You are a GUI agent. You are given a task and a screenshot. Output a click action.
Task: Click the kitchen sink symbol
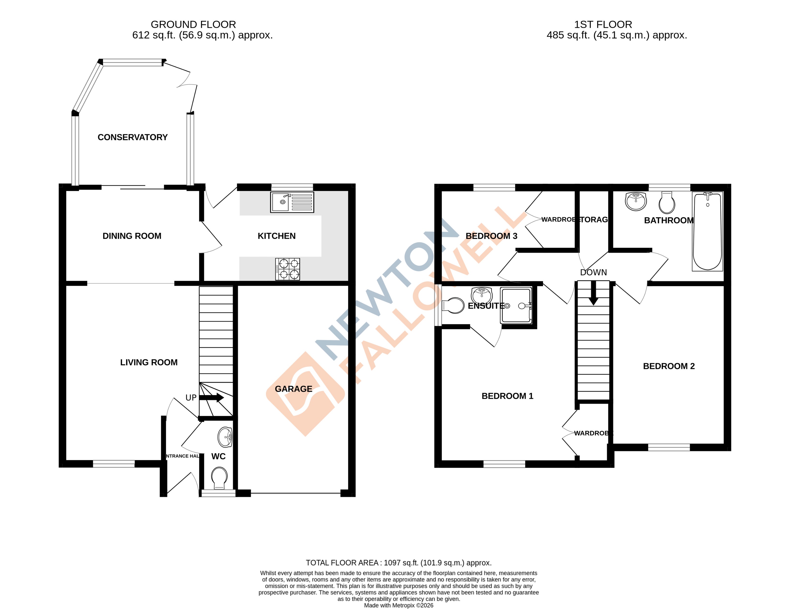pos(292,202)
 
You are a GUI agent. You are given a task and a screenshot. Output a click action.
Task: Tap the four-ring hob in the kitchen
pos(288,269)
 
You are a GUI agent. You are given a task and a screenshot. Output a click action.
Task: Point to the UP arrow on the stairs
pos(212,398)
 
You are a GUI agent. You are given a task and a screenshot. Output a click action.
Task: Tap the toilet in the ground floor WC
pos(220,478)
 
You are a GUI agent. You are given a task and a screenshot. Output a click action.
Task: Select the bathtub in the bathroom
pos(707,231)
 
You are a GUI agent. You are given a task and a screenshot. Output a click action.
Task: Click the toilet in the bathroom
pos(667,203)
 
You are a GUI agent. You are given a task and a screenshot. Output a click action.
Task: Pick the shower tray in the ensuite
pos(516,305)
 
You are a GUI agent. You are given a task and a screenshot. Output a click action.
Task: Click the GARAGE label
pos(293,389)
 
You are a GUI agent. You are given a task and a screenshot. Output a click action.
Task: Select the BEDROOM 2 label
pos(669,366)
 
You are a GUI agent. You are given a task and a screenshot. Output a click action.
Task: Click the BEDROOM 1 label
pos(507,396)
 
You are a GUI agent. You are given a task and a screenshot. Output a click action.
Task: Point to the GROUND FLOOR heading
pos(193,25)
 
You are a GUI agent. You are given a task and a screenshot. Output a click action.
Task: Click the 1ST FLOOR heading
pos(603,25)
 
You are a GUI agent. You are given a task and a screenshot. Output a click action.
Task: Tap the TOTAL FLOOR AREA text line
pos(398,563)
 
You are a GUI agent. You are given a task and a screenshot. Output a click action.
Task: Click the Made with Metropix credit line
pos(398,605)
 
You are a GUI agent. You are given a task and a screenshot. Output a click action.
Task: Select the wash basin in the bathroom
pos(635,201)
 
